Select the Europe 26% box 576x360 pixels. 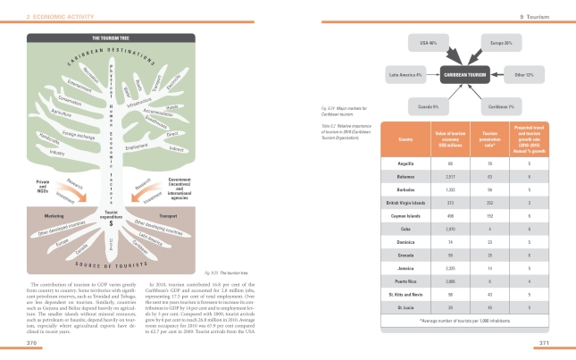point(501,42)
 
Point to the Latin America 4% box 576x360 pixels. point(404,75)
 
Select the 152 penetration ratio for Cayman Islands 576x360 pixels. point(488,214)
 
